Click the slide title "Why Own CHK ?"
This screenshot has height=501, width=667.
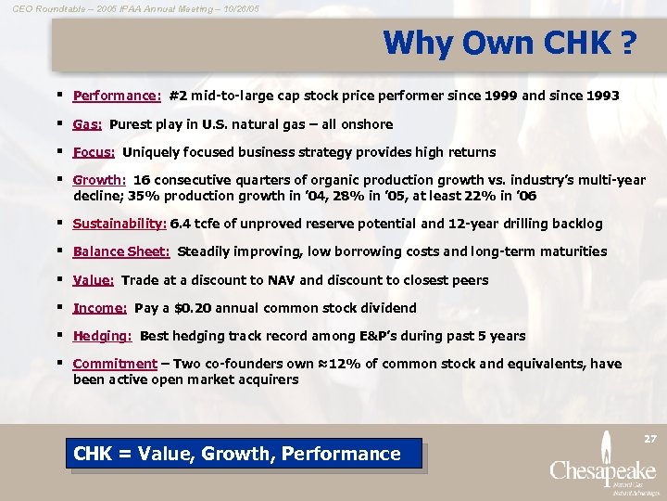pyautogui.click(x=510, y=43)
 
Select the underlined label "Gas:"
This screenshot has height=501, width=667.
pyautogui.click(x=87, y=124)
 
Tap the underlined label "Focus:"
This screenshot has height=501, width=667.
pyautogui.click(x=94, y=152)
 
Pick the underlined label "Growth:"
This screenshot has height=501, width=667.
pyautogui.click(x=99, y=180)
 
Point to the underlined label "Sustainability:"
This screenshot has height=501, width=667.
pyautogui.click(x=120, y=224)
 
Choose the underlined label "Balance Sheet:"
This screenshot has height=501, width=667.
pyautogui.click(x=121, y=251)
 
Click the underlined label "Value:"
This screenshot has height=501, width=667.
pyautogui.click(x=93, y=280)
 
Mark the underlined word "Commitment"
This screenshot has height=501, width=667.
pyautogui.click(x=115, y=364)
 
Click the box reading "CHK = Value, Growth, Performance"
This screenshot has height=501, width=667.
pyautogui.click(x=237, y=454)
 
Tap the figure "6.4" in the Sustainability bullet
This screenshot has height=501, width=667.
pyautogui.click(x=181, y=224)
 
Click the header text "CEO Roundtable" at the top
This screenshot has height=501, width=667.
pyautogui.click(x=44, y=7)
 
